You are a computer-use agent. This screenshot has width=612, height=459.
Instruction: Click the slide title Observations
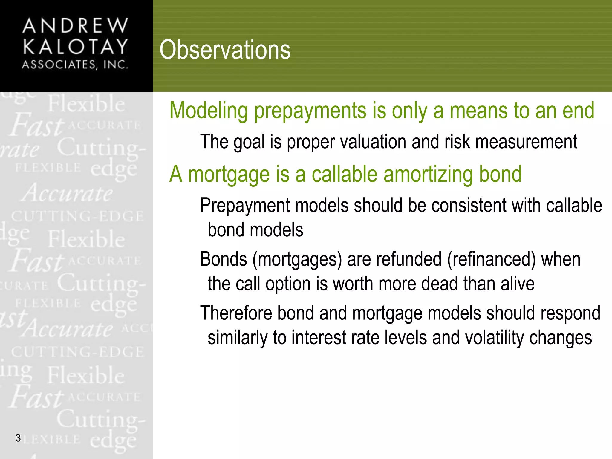click(x=225, y=50)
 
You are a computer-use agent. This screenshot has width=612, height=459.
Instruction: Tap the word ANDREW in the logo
click(x=75, y=26)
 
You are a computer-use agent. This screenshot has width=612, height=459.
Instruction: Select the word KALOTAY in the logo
click(x=75, y=47)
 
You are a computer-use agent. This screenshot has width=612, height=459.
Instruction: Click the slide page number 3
click(x=18, y=438)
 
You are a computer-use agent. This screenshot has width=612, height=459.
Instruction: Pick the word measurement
click(x=526, y=142)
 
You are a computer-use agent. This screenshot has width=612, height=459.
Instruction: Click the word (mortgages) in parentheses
click(x=297, y=259)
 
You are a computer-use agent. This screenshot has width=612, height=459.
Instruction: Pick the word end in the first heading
click(x=578, y=111)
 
